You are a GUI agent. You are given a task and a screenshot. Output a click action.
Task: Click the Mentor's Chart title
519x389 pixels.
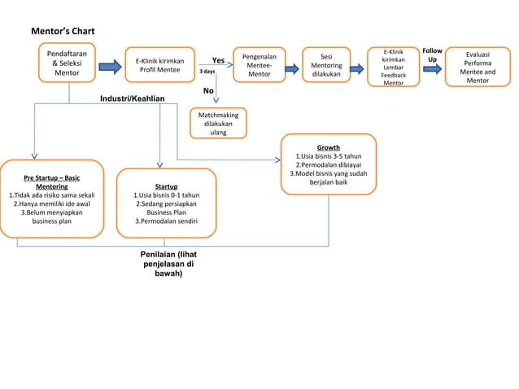pyautogui.click(x=63, y=31)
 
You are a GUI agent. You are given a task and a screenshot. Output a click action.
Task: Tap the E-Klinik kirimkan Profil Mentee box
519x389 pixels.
pyautogui.click(x=159, y=65)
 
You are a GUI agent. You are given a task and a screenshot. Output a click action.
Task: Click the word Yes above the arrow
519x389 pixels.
pyautogui.click(x=218, y=60)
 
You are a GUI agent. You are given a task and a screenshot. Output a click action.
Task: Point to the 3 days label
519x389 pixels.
pyautogui.click(x=207, y=72)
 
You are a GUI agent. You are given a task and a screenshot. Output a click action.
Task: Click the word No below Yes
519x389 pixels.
pyautogui.click(x=208, y=90)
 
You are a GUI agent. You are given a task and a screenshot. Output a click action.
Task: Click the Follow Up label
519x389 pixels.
pyautogui.click(x=432, y=55)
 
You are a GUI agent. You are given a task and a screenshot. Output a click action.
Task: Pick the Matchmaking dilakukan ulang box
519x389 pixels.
pyautogui.click(x=218, y=124)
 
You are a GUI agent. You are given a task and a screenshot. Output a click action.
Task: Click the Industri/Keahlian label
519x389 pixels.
pyautogui.click(x=132, y=98)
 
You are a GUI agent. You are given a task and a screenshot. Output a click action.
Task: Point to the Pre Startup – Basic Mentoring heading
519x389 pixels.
pyautogui.click(x=51, y=181)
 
